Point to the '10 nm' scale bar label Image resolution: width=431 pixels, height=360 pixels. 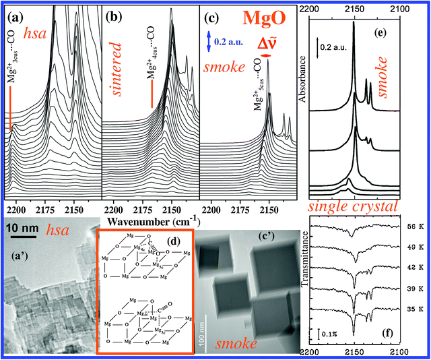(22, 229)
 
